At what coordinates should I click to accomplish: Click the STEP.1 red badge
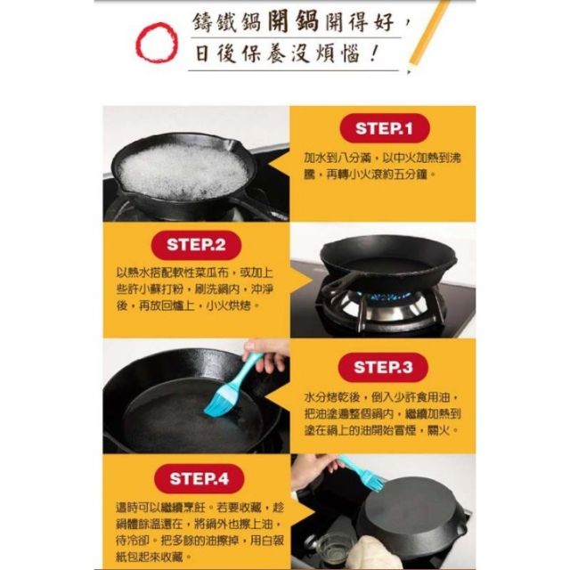(x=385, y=128)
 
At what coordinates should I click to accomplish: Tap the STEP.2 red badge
(x=196, y=245)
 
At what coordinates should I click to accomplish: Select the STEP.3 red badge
(x=383, y=367)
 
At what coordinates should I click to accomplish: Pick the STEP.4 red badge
(x=199, y=478)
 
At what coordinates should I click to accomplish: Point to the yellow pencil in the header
(x=429, y=37)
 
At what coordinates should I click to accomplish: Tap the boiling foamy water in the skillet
(x=183, y=171)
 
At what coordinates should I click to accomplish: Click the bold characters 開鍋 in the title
(x=293, y=22)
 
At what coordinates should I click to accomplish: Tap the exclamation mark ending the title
(x=373, y=54)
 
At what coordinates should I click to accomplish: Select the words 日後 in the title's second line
(x=216, y=53)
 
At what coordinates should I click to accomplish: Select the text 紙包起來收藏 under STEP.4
(x=149, y=557)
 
